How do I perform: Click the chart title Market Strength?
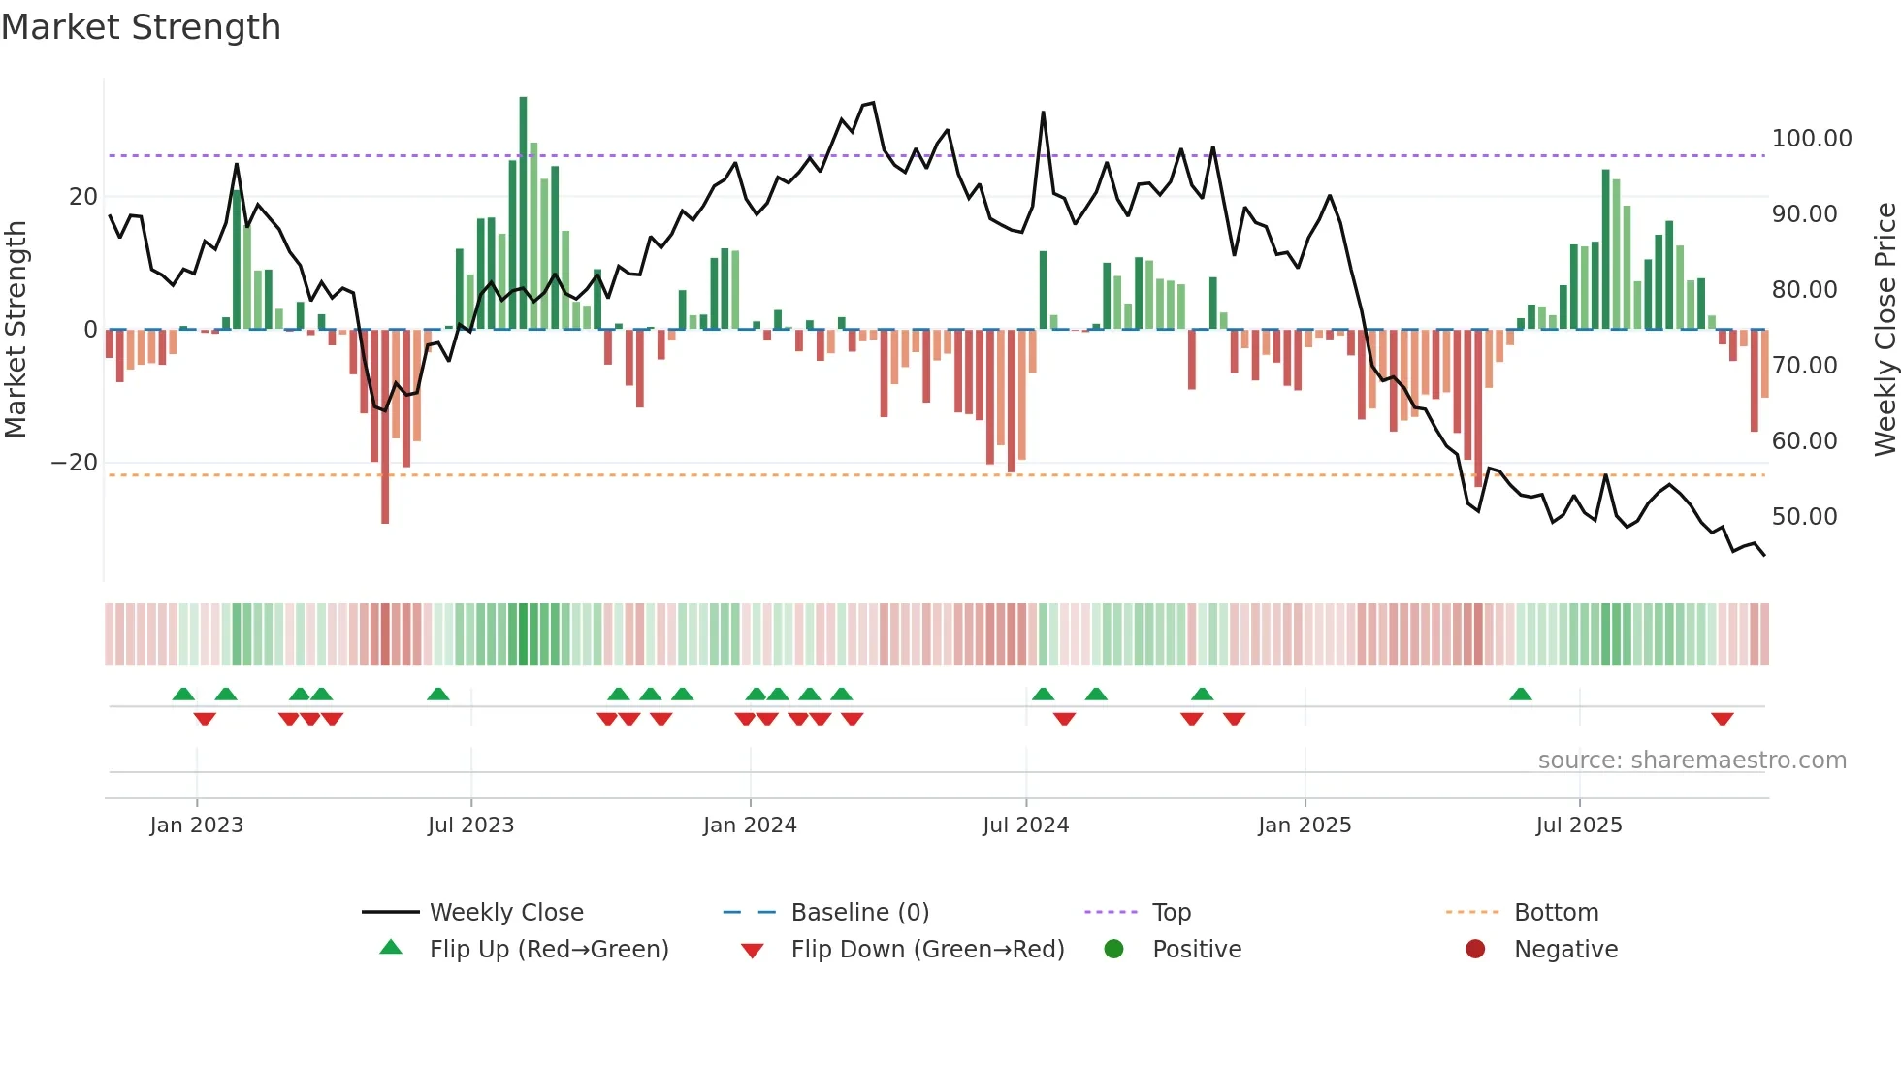tap(142, 27)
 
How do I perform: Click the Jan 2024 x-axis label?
tap(750, 826)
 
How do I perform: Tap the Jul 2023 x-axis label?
tap(470, 826)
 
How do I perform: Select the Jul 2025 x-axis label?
tap(1579, 826)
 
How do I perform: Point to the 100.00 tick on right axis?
tap(1811, 139)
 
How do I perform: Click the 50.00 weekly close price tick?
tap(1804, 517)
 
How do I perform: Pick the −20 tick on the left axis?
tap(75, 463)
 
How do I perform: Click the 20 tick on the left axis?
tap(83, 197)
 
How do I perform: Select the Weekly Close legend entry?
tap(505, 913)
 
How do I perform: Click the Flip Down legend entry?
tap(926, 950)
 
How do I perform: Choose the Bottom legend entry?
tap(1556, 913)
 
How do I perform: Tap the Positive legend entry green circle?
tap(1113, 950)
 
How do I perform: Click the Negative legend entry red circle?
tap(1475, 950)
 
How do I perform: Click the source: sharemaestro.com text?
tap(1692, 761)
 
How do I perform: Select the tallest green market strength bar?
tap(523, 213)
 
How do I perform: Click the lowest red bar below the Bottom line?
tap(385, 427)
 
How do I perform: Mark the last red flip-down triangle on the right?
tap(1723, 719)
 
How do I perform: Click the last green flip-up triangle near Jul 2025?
tap(1521, 695)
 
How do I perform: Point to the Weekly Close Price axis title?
tap(1885, 330)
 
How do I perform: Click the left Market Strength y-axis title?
tap(16, 330)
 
